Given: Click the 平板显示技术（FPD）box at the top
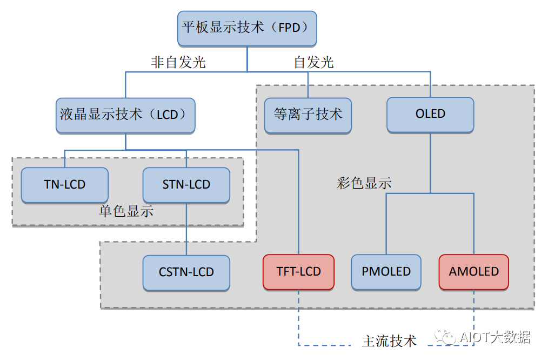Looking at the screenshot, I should (247, 28).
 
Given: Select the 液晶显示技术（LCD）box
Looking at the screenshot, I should (125, 115).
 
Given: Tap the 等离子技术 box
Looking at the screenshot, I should (308, 115).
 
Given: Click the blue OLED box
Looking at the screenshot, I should (430, 115).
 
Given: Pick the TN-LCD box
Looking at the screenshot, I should (65, 185).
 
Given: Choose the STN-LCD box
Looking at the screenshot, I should (186, 185).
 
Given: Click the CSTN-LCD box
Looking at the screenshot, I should (186, 272).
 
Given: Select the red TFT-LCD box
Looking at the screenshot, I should (298, 272).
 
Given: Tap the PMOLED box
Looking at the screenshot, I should (386, 272).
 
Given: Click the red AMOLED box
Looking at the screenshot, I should (473, 272).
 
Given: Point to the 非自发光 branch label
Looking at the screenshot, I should (178, 63).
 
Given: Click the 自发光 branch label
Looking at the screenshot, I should (313, 63).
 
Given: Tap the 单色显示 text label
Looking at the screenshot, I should (126, 211).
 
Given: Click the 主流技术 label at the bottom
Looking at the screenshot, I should (389, 341).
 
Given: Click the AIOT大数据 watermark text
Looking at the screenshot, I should (494, 338).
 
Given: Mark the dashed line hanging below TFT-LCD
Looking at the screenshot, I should (298, 319).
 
